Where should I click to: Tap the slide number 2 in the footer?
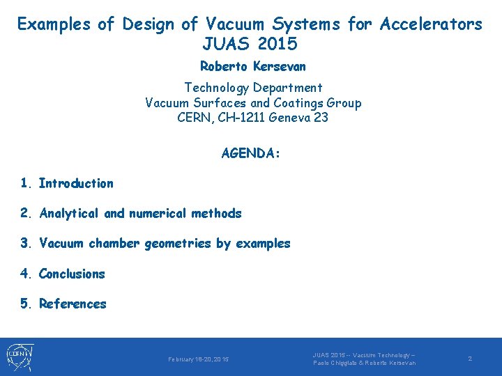click(x=470, y=358)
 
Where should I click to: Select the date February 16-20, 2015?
click(x=198, y=359)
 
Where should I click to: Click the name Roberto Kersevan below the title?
click(x=253, y=67)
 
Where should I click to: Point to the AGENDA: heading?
click(x=251, y=153)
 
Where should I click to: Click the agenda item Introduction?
click(x=76, y=184)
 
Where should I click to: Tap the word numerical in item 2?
click(x=158, y=214)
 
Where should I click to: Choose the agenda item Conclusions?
click(x=72, y=274)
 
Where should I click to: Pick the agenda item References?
click(x=73, y=304)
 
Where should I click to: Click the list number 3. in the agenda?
click(x=26, y=244)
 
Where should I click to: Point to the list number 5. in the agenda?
click(x=26, y=304)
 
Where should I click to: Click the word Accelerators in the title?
click(x=431, y=24)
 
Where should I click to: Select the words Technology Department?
click(x=253, y=88)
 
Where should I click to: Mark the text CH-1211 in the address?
click(x=236, y=117)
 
